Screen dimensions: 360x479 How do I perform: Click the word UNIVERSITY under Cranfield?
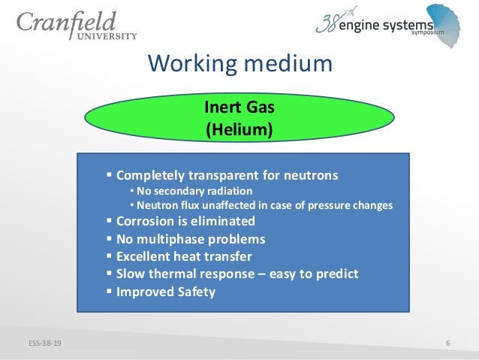click(110, 35)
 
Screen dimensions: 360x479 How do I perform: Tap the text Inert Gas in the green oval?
click(239, 107)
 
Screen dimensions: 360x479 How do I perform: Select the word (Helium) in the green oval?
click(239, 129)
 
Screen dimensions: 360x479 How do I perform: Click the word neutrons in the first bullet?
click(309, 176)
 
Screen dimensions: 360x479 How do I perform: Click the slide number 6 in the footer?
click(447, 344)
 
